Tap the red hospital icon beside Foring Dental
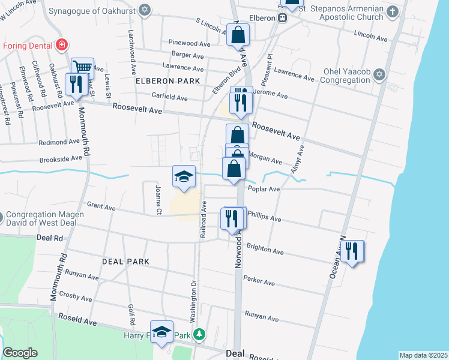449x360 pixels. click(61, 44)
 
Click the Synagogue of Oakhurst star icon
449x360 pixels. click(144, 10)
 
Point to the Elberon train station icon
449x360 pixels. click(281, 17)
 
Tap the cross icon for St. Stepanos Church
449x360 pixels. click(393, 12)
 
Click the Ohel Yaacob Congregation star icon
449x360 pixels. click(379, 75)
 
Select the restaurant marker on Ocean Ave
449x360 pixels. click(352, 251)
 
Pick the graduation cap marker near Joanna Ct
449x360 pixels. click(184, 177)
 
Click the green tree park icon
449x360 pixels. click(203, 334)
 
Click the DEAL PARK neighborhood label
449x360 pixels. click(125, 262)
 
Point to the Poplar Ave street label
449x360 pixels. click(265, 188)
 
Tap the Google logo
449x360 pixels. click(20, 353)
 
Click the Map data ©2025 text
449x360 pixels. click(423, 355)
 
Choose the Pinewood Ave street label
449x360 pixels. click(189, 44)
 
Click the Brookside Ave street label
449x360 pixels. click(60, 158)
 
